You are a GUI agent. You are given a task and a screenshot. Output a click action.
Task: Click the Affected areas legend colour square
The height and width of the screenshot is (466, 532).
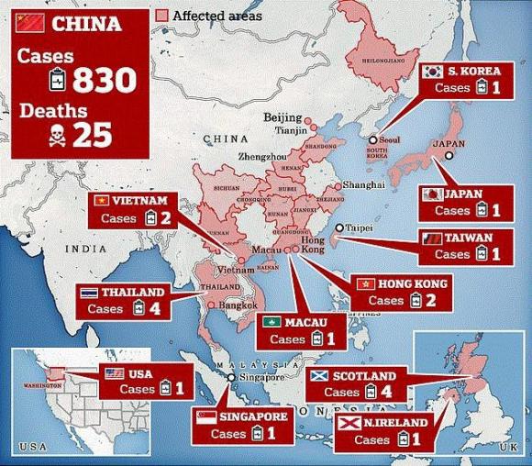pyautogui.click(x=163, y=16)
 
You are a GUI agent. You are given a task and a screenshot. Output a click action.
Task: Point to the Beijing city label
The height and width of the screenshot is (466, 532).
pyautogui.click(x=282, y=117)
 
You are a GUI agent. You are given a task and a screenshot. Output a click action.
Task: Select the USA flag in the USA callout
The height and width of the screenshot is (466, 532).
pyautogui.click(x=115, y=373)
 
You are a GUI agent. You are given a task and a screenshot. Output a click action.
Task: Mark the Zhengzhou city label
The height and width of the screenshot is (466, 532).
pyautogui.click(x=263, y=157)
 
